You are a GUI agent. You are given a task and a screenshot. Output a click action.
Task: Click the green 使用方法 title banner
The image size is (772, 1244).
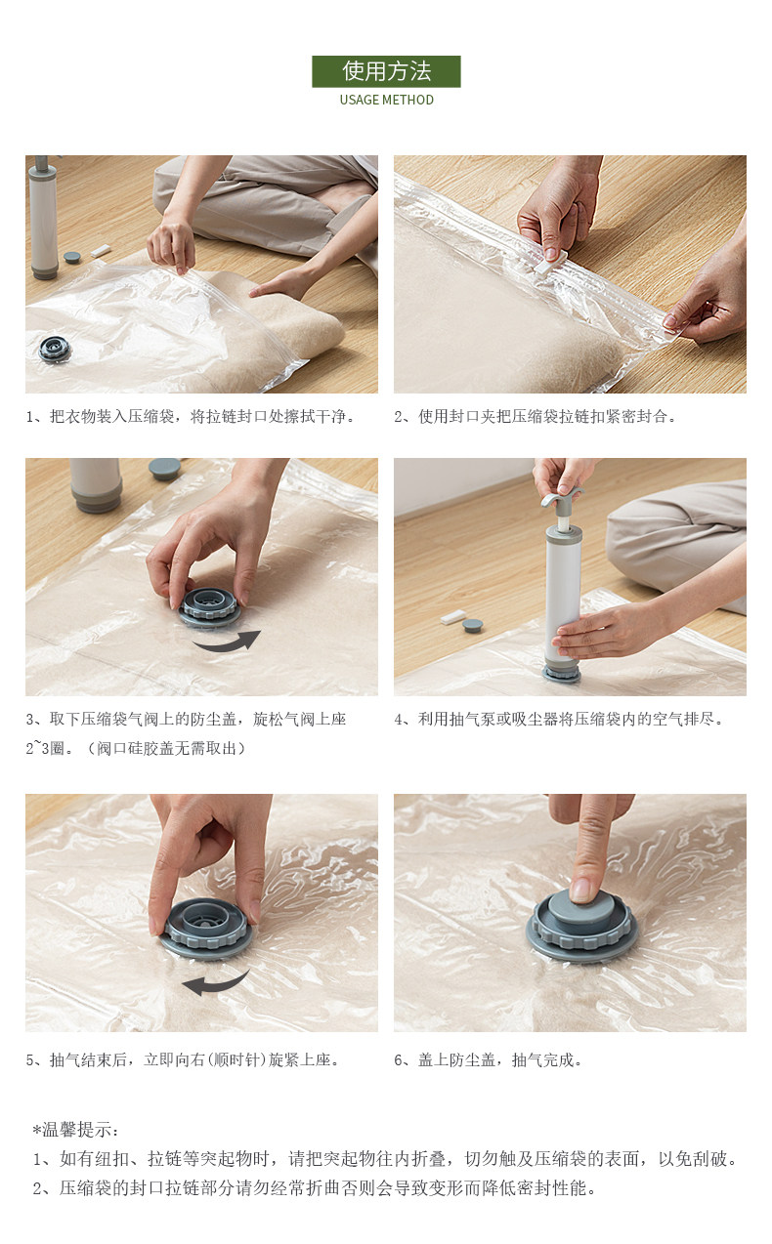pyautogui.click(x=386, y=71)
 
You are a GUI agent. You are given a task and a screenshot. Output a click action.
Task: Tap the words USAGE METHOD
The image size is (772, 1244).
pyautogui.click(x=386, y=100)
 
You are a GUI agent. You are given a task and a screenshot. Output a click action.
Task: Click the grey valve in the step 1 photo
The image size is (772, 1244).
pyautogui.click(x=55, y=349)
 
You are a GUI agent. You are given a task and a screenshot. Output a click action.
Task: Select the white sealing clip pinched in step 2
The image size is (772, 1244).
pyautogui.click(x=551, y=262)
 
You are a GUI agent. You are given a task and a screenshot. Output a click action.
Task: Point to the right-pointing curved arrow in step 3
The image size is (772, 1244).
pyautogui.click(x=226, y=642)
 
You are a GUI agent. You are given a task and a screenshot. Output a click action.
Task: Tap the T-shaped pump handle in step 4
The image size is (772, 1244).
pyautogui.click(x=562, y=498)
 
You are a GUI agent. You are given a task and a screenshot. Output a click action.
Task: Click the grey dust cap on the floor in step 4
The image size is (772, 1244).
pyautogui.click(x=472, y=626)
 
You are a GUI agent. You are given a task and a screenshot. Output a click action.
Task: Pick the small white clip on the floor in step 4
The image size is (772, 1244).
pyautogui.click(x=453, y=616)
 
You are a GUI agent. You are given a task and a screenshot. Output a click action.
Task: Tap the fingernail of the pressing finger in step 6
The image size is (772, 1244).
pyautogui.click(x=581, y=890)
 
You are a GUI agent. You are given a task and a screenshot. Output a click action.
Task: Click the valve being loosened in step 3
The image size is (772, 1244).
pyautogui.click(x=209, y=607)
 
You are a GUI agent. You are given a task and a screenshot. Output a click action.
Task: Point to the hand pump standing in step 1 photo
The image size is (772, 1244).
pyautogui.click(x=44, y=217)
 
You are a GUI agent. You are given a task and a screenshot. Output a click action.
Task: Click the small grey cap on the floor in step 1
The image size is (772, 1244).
pyautogui.click(x=71, y=257)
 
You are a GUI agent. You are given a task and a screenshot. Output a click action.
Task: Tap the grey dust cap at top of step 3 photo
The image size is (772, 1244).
pyautogui.click(x=164, y=469)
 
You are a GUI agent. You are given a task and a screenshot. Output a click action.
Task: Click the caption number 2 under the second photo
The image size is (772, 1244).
pyautogui.click(x=399, y=417)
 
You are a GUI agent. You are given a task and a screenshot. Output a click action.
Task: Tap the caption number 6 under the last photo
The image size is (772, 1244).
pyautogui.click(x=399, y=1060)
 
